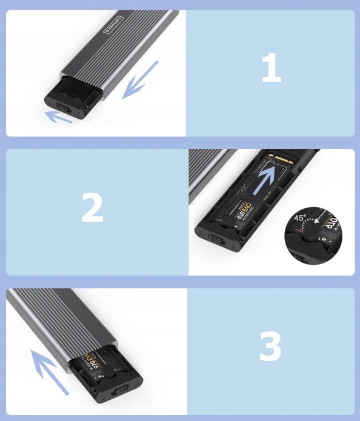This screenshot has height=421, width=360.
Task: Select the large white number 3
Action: tap(270, 347)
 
